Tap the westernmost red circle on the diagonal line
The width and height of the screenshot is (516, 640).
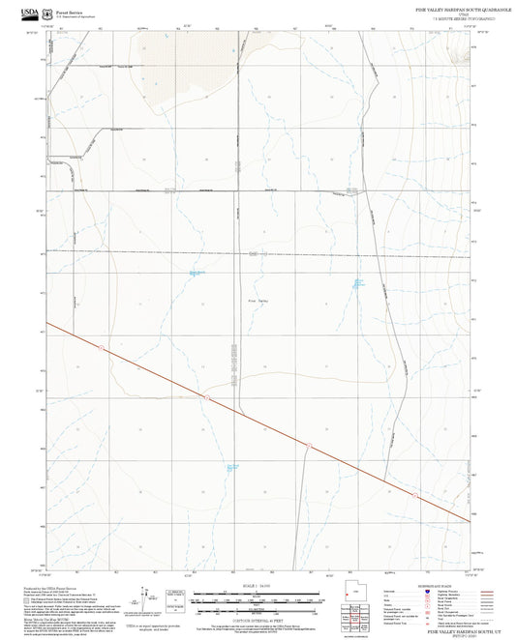point(101,346)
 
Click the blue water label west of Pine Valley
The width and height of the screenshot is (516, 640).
point(197,274)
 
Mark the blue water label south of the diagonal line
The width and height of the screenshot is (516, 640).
point(232,469)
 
